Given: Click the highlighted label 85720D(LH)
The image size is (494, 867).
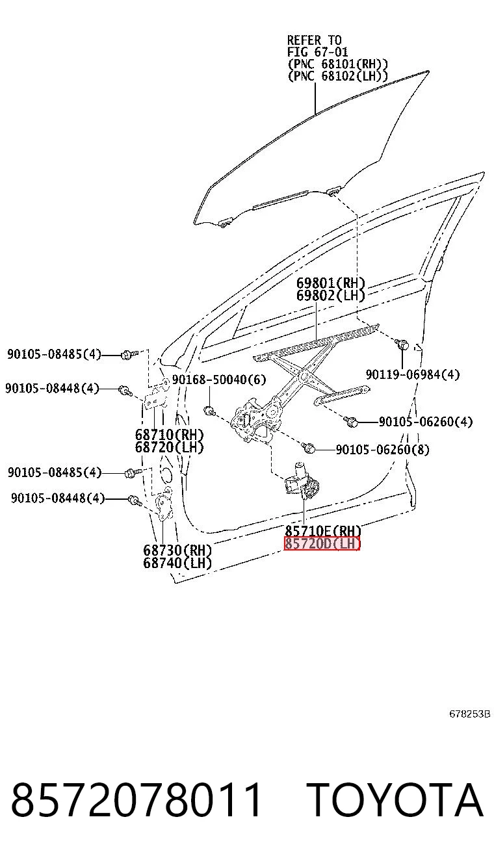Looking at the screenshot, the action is click(322, 544).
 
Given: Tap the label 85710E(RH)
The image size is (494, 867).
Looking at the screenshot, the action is click(323, 530).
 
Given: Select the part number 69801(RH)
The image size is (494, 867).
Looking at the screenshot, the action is click(331, 283).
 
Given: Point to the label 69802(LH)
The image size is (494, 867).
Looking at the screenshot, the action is click(331, 296).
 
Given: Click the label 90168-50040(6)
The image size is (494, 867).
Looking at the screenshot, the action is click(219, 380).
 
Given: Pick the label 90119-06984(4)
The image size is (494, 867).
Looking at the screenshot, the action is click(413, 374).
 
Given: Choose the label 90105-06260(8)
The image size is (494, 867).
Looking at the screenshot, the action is click(382, 449).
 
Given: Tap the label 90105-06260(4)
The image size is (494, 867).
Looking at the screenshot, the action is click(426, 422).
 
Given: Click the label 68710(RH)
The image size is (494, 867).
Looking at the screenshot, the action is click(169, 435).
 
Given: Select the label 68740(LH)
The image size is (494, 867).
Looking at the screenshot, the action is click(177, 563).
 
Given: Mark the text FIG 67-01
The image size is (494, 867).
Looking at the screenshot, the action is click(317, 52).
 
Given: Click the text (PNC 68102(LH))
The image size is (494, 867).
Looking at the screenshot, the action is click(337, 76).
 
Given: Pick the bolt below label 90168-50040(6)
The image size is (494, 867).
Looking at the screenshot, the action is click(209, 411).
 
